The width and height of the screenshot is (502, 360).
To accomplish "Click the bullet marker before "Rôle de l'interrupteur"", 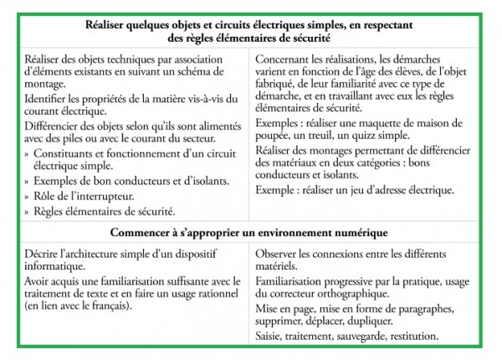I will coord(28,196).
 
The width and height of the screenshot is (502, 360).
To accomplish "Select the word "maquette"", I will coord(382,123).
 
